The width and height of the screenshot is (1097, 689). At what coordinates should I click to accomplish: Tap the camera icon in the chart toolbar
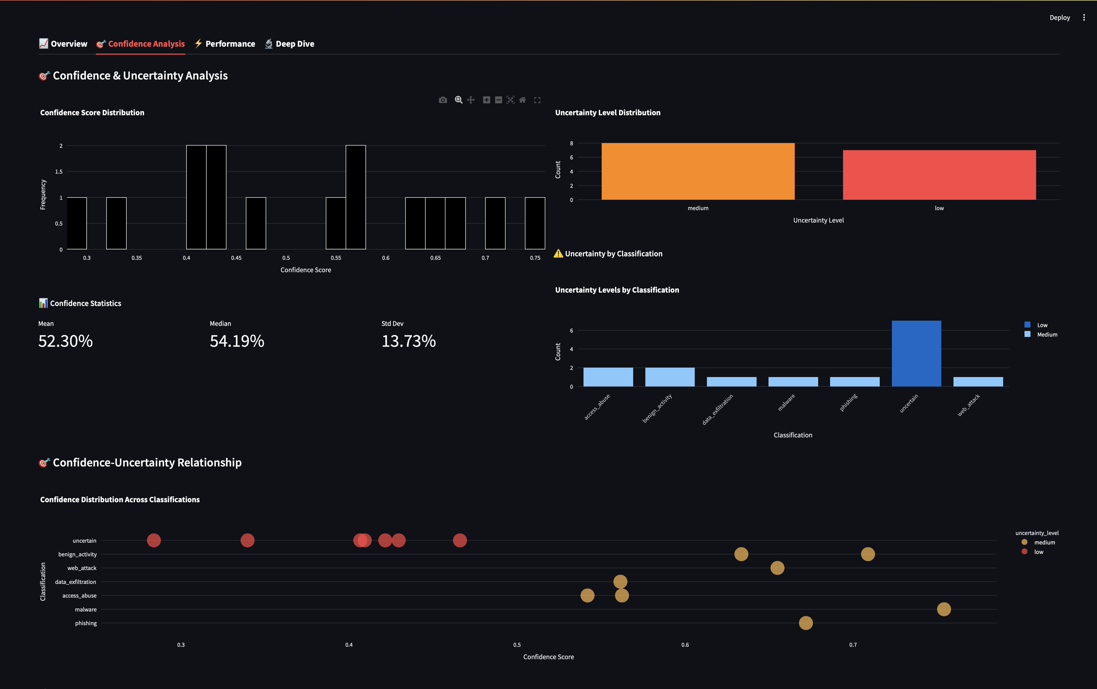click(442, 100)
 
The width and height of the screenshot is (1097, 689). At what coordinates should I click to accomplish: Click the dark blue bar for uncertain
click(916, 354)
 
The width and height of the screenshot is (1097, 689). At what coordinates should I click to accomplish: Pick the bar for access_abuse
click(608, 377)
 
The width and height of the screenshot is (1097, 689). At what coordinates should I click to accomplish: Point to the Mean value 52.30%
click(66, 341)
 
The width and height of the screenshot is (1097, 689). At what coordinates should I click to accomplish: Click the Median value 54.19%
click(237, 341)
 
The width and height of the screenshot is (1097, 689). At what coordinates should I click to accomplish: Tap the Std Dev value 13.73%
click(408, 341)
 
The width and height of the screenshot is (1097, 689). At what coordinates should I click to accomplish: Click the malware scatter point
click(944, 609)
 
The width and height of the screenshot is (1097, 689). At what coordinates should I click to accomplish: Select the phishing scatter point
click(805, 623)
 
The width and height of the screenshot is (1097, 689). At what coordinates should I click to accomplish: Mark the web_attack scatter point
click(777, 568)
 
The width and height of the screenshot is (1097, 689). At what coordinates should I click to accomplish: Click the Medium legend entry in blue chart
click(1046, 335)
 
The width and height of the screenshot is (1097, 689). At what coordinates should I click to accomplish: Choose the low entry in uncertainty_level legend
click(1038, 552)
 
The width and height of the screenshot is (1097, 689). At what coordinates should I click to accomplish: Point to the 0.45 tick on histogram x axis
click(236, 258)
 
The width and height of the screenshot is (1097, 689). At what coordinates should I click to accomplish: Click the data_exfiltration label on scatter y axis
click(76, 582)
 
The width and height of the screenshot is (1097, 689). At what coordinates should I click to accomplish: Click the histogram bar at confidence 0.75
click(535, 223)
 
